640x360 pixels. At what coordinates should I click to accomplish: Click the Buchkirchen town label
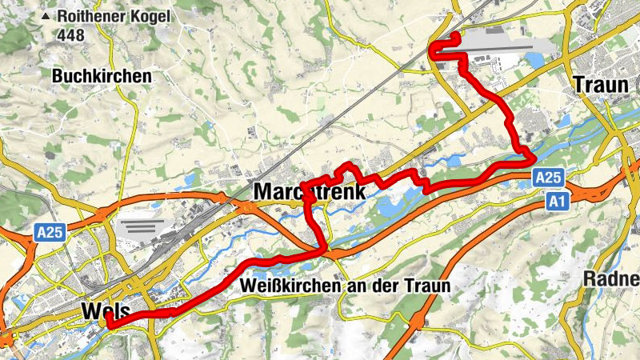[x=102, y=76]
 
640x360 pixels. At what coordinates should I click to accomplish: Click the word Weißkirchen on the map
[x=287, y=286]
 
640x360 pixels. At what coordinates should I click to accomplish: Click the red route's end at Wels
[x=109, y=323]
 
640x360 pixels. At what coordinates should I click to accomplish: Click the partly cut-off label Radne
[x=612, y=279]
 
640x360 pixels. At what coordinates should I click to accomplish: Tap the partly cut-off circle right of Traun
[x=635, y=83]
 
